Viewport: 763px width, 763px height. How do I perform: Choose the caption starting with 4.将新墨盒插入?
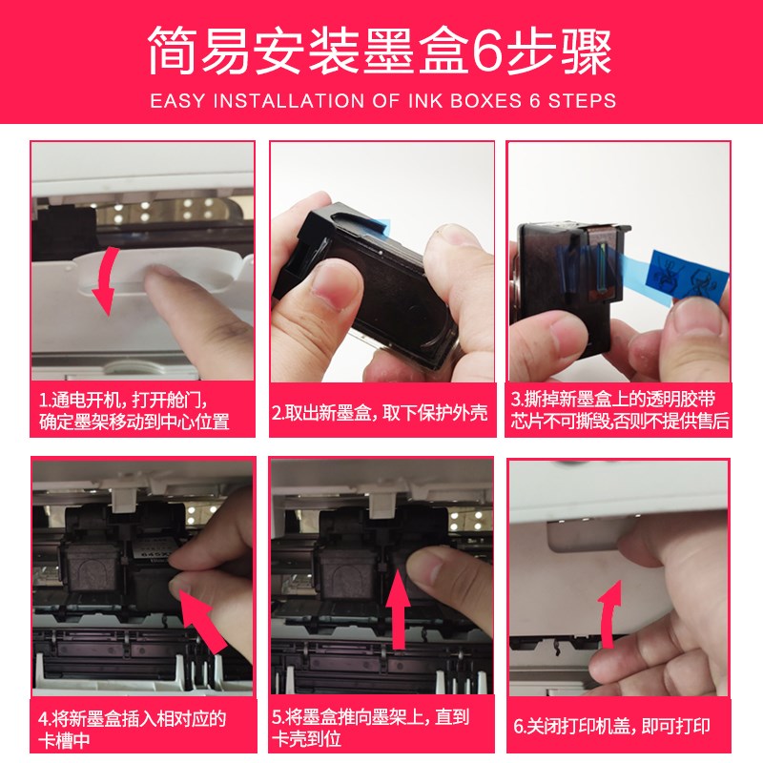point(134,729)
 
